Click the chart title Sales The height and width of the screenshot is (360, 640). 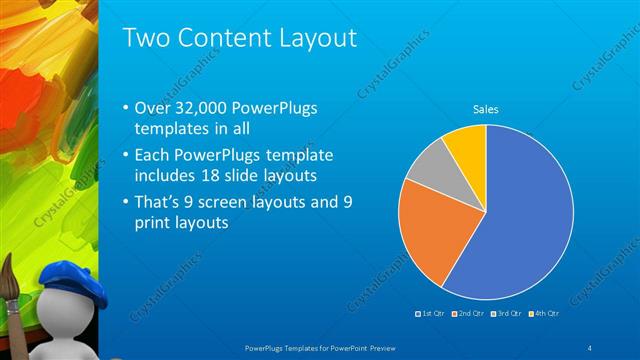point(486,110)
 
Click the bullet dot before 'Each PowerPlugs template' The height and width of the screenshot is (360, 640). point(125,157)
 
